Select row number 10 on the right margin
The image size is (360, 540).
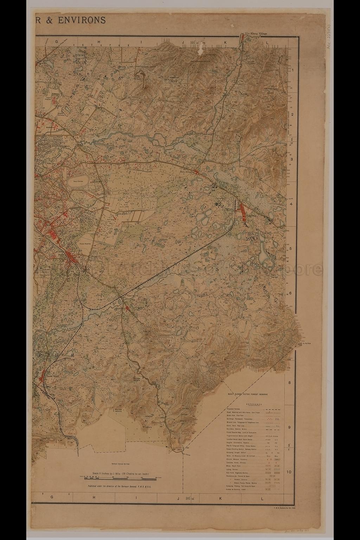tap(289, 472)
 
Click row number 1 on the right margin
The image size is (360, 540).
tap(292, 70)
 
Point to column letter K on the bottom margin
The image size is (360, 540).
tap(220, 498)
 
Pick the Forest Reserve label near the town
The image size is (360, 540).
tap(85, 243)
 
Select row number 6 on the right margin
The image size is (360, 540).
tap(290, 293)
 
